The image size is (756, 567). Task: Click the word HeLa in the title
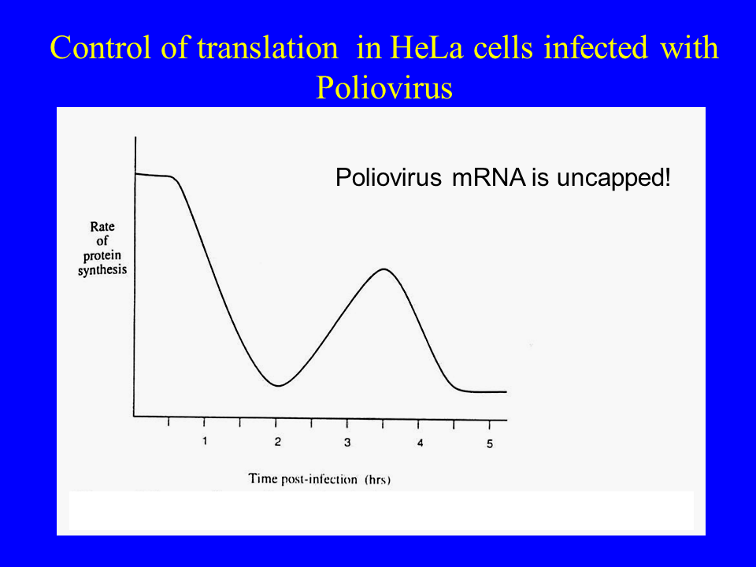click(x=426, y=48)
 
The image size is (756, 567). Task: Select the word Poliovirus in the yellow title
click(x=384, y=87)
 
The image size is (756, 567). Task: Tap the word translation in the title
click(x=268, y=48)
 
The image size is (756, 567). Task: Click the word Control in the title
click(x=100, y=48)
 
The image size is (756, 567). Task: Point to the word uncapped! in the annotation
click(x=613, y=178)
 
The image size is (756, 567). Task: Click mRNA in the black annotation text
click(x=489, y=177)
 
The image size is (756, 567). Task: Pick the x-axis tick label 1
click(x=205, y=441)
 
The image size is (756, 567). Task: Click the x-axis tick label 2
click(x=278, y=442)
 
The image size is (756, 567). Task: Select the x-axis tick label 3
click(x=347, y=442)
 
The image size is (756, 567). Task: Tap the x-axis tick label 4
click(x=420, y=443)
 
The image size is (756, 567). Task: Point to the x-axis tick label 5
click(x=490, y=443)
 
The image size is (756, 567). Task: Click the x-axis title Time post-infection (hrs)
click(x=319, y=479)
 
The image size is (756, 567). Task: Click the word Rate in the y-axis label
click(x=102, y=227)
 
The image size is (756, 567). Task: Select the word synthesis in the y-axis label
click(x=102, y=270)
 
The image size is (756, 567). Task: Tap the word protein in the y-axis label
click(x=102, y=255)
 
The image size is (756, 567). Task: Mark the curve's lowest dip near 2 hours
click(x=279, y=386)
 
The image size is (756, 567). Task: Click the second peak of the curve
click(x=384, y=269)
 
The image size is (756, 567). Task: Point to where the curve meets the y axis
click(x=135, y=173)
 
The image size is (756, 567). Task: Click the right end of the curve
click(x=506, y=392)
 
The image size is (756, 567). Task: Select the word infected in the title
click(x=596, y=48)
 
